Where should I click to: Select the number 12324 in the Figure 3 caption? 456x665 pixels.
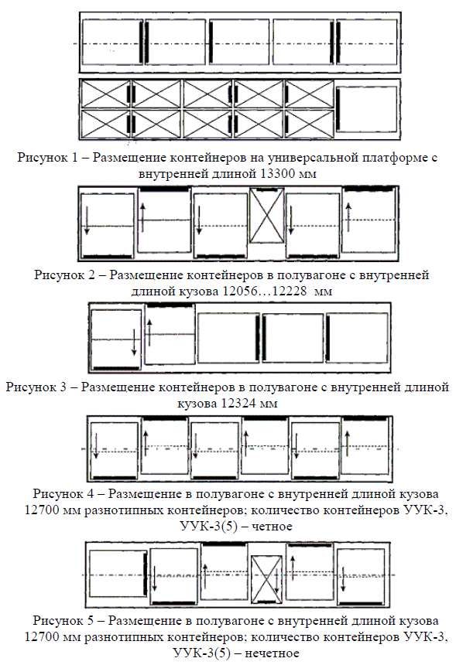coord(238,403)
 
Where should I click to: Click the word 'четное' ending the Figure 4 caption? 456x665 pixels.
coord(272,527)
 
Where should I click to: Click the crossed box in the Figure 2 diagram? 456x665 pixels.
coord(266,216)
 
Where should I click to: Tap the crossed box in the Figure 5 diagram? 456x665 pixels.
coord(266,579)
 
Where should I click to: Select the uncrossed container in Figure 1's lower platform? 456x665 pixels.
coord(367,109)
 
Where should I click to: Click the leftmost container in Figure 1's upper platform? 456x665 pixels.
coord(112,43)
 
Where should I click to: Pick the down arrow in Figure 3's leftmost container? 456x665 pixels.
coord(134,343)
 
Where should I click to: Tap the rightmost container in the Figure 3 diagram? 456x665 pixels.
coord(357,338)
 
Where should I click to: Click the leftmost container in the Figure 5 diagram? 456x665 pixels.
coord(118,574)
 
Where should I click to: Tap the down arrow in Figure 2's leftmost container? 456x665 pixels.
coord(87,220)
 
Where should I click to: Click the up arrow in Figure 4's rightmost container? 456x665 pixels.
coord(348,444)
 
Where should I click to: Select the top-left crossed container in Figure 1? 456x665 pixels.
coord(106,94)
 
